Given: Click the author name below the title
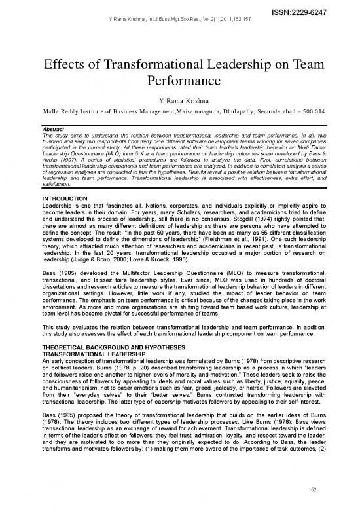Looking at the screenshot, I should point(179,101).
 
